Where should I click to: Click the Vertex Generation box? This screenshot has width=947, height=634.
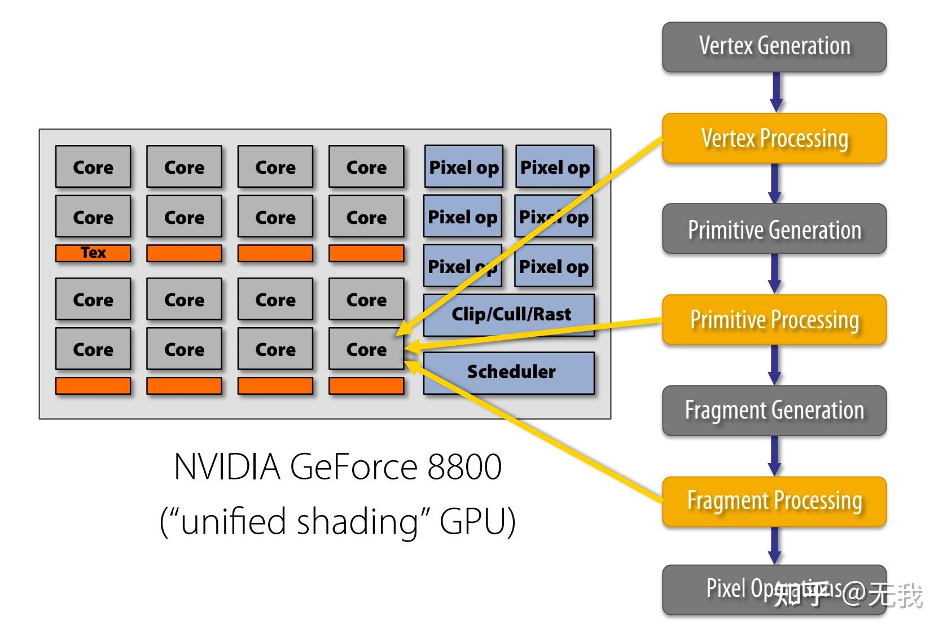coord(774,47)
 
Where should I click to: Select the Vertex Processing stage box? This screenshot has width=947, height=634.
coord(774,139)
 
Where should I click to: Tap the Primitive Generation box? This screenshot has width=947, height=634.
coord(774,229)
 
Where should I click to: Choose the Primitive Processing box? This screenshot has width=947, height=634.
coord(774,320)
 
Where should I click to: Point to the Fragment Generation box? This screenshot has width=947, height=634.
coord(774,411)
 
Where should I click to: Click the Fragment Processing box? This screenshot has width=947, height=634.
coord(774,501)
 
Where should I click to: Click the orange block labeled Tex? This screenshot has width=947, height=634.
coord(93,253)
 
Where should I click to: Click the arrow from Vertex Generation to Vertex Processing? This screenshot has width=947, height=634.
coord(776,92)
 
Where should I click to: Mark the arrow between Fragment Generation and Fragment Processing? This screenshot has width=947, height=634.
coord(775,455)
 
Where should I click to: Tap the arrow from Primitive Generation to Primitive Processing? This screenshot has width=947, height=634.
coord(775,273)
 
